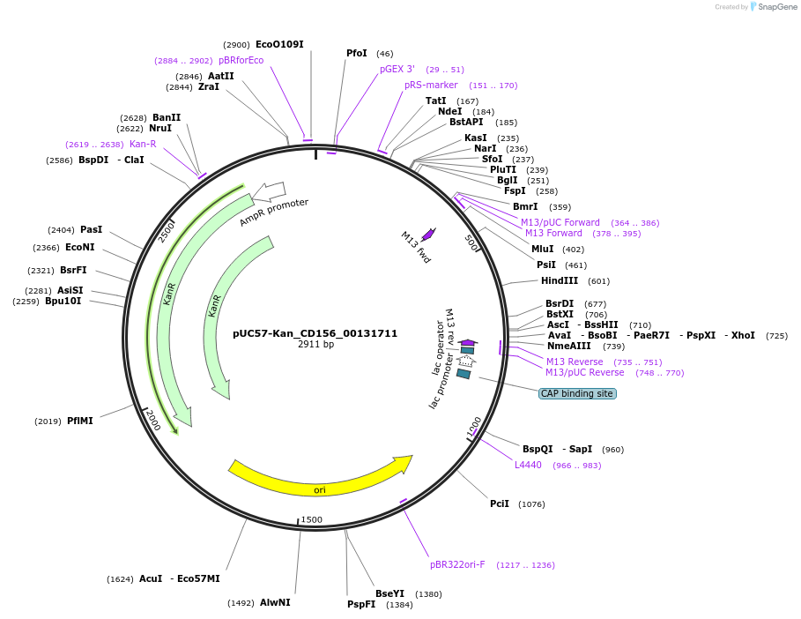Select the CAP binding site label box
tap(577, 393)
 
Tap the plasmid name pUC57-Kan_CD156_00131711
tap(315, 333)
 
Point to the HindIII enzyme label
tap(560, 280)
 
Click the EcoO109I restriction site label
tap(279, 44)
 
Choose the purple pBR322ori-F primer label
tap(457, 564)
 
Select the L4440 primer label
tap(529, 465)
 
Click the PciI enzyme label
tap(500, 503)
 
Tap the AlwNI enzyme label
tap(275, 602)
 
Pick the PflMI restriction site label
tap(79, 421)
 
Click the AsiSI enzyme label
tap(70, 290)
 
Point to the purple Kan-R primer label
tap(143, 144)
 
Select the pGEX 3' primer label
tap(397, 69)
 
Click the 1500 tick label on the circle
tap(312, 519)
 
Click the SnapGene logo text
tap(776, 7)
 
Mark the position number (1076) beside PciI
tap(531, 504)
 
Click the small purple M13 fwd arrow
tap(428, 234)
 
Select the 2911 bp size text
tap(315, 344)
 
